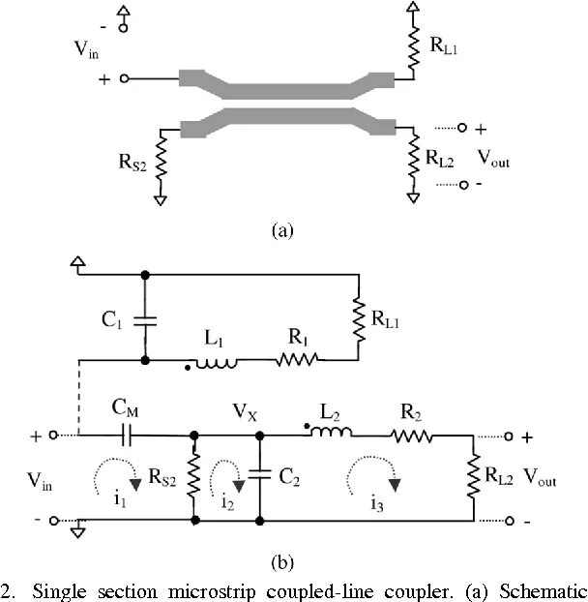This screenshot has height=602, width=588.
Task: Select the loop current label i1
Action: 120,500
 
